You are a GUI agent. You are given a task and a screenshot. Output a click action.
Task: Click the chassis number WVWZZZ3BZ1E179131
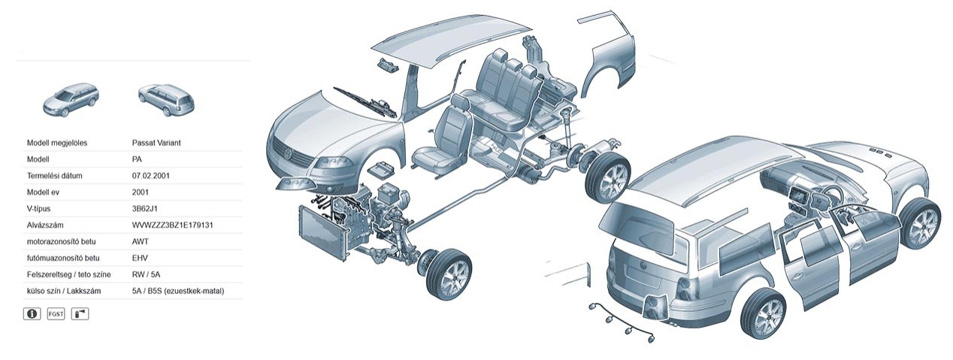tap(172, 225)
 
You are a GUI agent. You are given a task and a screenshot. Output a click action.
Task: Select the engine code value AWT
tap(141, 242)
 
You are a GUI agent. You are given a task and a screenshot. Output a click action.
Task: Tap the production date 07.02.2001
tap(150, 176)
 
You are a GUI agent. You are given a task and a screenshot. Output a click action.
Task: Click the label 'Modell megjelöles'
tap(57, 143)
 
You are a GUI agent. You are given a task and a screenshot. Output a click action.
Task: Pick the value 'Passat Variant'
tap(156, 143)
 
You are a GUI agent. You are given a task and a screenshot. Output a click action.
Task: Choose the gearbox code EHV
tap(140, 259)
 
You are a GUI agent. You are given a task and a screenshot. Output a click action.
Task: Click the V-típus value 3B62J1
tap(144, 209)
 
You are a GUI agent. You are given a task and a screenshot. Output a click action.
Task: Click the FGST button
tap(56, 314)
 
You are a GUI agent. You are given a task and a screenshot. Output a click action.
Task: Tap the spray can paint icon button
tap(80, 314)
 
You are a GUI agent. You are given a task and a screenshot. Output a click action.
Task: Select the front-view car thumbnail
tap(71, 99)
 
